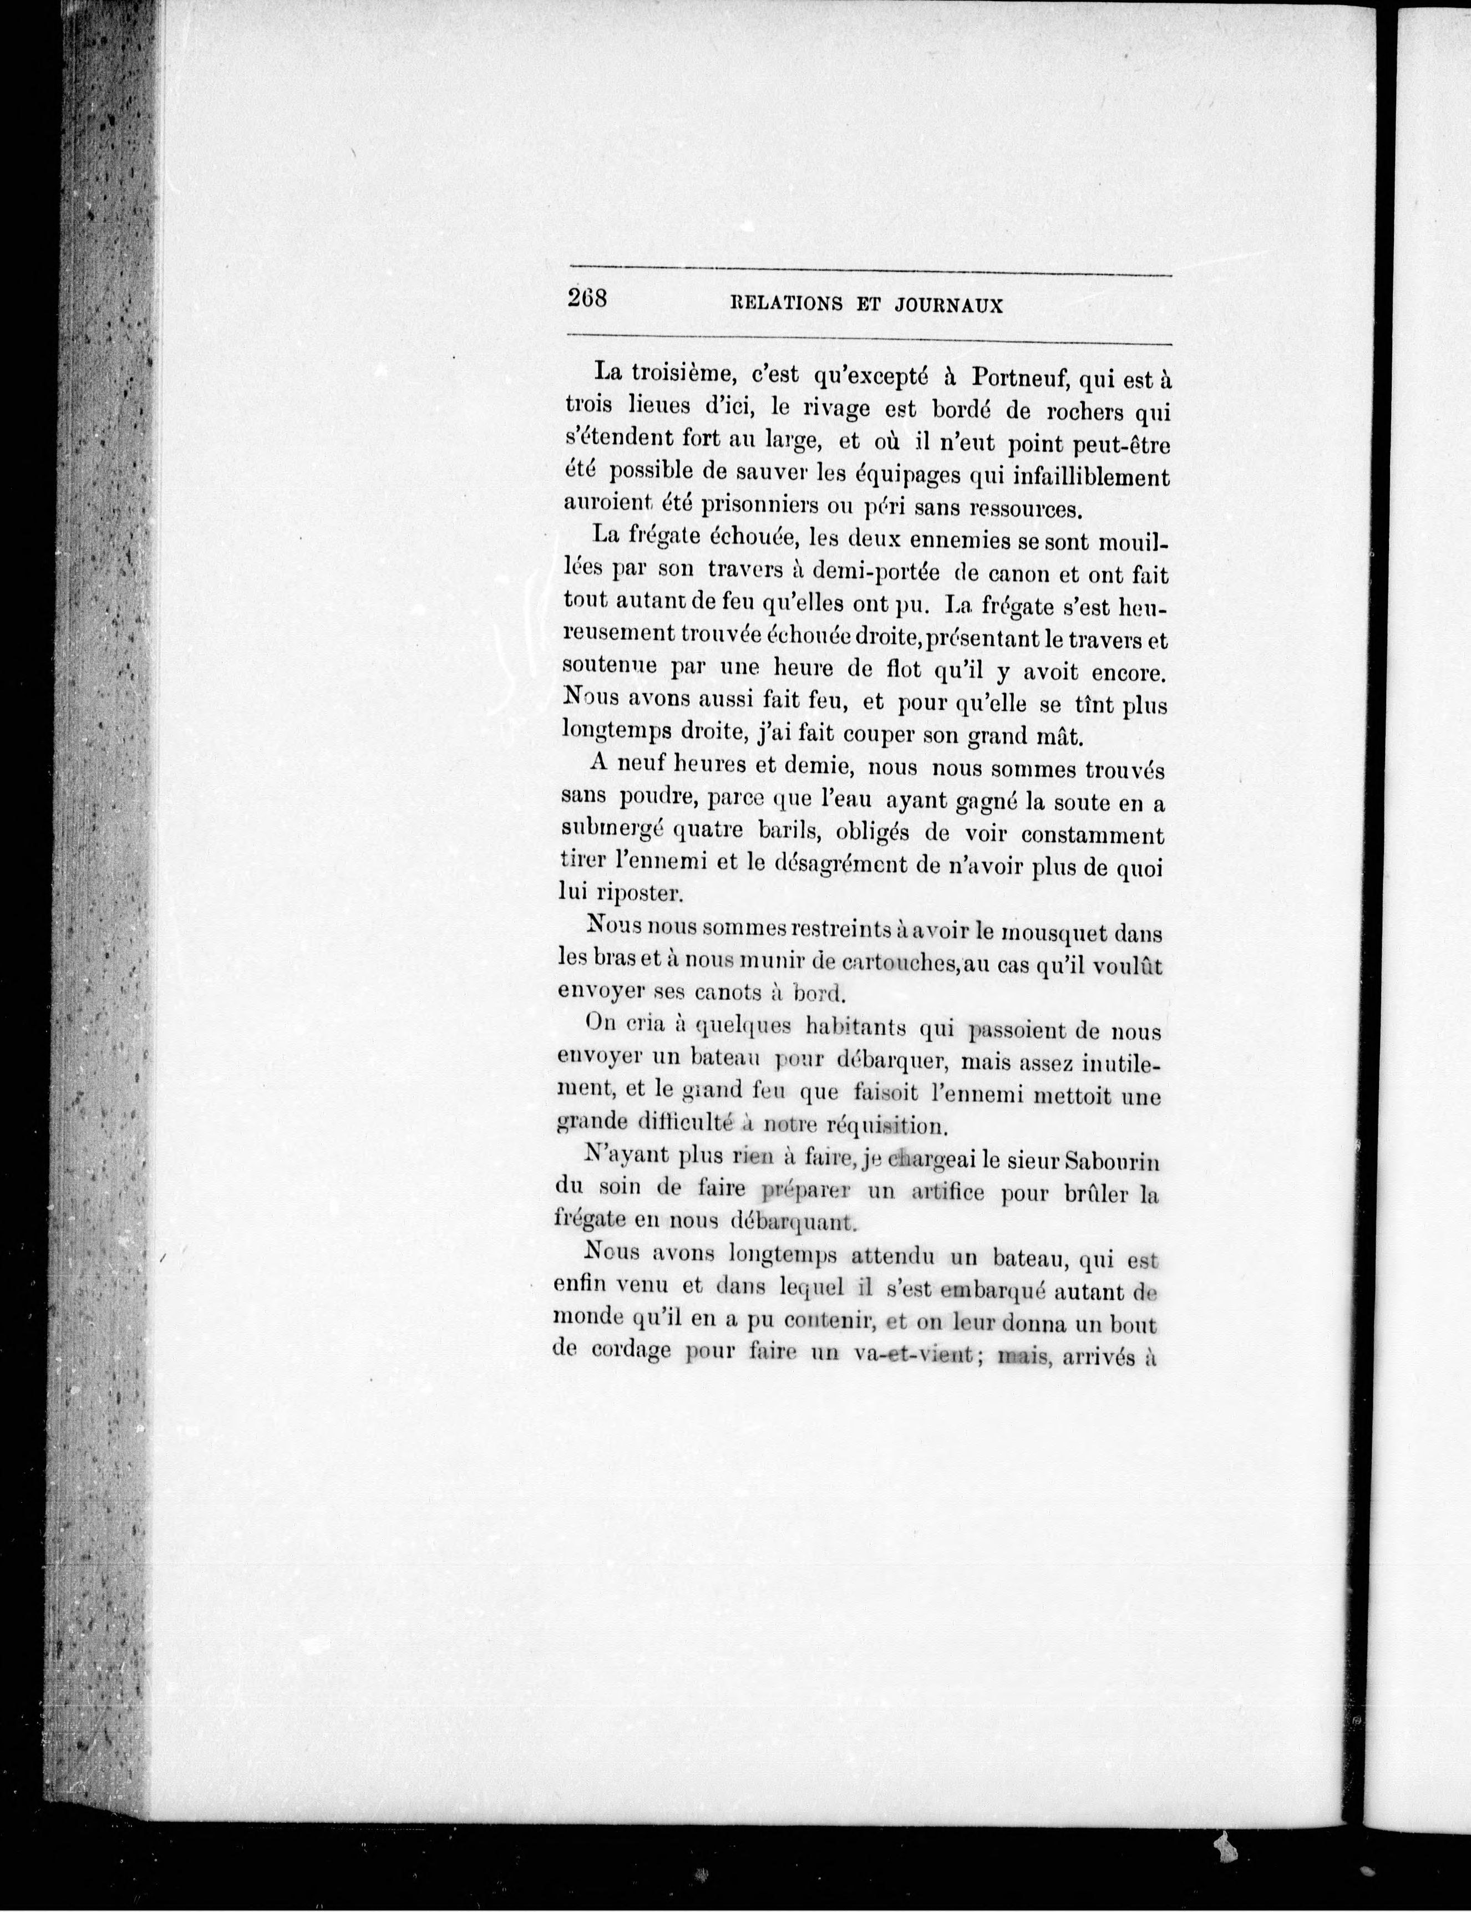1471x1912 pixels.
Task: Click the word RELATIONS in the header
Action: tap(785, 304)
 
